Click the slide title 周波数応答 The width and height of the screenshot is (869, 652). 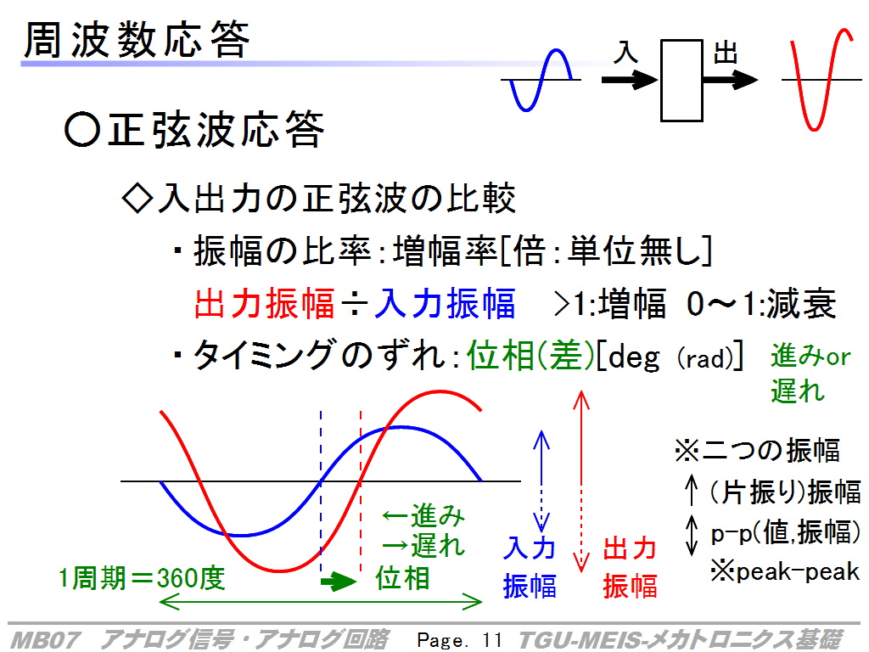pyautogui.click(x=137, y=40)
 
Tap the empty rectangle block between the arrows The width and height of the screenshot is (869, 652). pyautogui.click(x=681, y=81)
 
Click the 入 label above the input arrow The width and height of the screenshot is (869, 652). pyautogui.click(x=625, y=53)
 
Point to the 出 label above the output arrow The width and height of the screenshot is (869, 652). pyautogui.click(x=726, y=53)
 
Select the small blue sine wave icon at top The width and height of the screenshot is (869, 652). pyautogui.click(x=541, y=81)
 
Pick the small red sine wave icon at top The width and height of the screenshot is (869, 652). pyautogui.click(x=821, y=80)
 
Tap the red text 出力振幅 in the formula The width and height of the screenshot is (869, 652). pyautogui.click(x=265, y=304)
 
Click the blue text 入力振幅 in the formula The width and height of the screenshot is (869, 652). pyautogui.click(x=445, y=304)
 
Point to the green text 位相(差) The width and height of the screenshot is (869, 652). pyautogui.click(x=531, y=356)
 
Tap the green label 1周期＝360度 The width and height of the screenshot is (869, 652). pyautogui.click(x=143, y=578)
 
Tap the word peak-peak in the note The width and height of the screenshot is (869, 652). pyautogui.click(x=798, y=571)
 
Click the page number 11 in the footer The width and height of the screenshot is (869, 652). pyautogui.click(x=492, y=640)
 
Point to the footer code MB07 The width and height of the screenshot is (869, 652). pyautogui.click(x=46, y=640)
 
